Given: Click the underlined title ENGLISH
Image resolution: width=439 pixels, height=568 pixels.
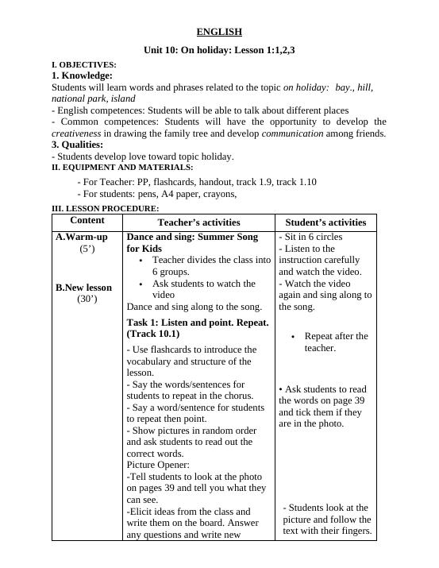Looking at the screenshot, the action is point(219,32).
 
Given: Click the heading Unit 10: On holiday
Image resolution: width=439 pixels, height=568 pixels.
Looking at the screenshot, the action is point(219,50).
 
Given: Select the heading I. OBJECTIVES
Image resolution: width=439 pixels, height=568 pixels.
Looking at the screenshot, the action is point(84,64).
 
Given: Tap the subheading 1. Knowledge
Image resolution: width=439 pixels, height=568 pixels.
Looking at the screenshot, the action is point(82,75).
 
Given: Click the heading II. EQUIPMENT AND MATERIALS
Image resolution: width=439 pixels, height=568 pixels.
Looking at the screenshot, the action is point(122,168).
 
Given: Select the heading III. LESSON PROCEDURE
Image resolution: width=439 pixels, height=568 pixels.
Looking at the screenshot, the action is point(106,208).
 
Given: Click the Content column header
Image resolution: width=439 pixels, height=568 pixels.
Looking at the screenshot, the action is point(87,220).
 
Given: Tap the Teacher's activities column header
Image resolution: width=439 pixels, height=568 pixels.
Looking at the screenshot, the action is point(198,222).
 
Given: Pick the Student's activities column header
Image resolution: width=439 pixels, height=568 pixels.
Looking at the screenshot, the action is point(325,222).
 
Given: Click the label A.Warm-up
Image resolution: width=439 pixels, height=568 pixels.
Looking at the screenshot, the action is point(82,237).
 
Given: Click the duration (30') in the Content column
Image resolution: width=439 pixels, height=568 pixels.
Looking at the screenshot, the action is point(87,299).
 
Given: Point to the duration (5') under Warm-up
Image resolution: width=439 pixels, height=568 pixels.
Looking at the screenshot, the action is point(87,249).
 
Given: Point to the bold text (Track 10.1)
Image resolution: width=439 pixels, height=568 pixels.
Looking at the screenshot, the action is point(153,334).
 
